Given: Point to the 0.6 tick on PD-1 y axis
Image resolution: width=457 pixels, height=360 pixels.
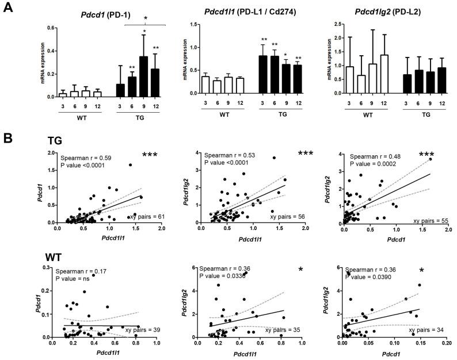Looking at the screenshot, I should [x=51, y=28].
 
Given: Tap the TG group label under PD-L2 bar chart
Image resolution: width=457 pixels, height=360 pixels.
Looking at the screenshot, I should [x=425, y=114].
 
